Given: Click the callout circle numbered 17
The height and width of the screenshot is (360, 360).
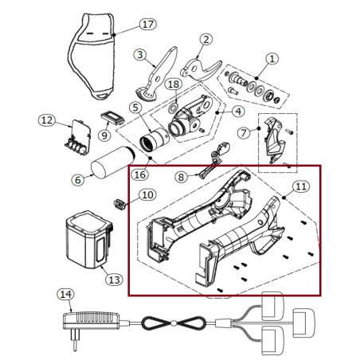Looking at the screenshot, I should pos(147,24).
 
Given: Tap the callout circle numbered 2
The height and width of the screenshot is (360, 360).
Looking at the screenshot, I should pos(205,39).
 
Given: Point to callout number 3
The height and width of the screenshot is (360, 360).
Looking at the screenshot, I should pos(139,55).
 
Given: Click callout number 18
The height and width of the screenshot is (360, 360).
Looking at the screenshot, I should pos(172,84).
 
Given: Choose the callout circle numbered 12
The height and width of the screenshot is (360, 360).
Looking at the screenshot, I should pos(47,120).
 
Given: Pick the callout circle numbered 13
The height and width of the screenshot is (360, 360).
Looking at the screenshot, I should pos(114,279).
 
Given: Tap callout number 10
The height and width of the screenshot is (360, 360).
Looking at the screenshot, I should pos(147,194).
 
